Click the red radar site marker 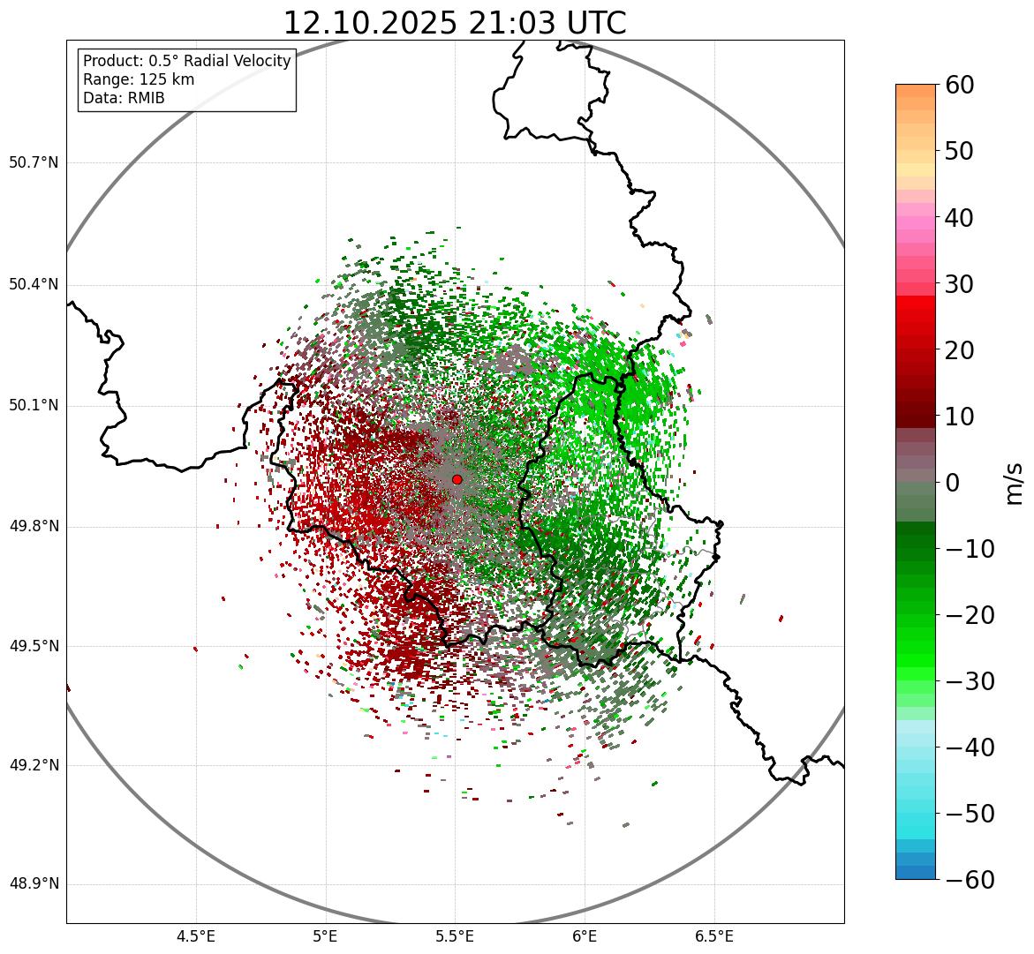point(457,479)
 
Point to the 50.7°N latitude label point(34,162)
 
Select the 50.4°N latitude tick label point(34,284)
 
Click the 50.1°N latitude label point(34,406)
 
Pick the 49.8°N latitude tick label point(34,527)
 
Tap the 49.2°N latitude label point(34,765)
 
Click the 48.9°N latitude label point(34,884)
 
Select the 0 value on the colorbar point(953,483)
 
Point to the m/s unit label point(1015,483)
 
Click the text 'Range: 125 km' point(139,79)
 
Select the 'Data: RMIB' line point(124,98)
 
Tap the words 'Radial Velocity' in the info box point(238,61)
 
